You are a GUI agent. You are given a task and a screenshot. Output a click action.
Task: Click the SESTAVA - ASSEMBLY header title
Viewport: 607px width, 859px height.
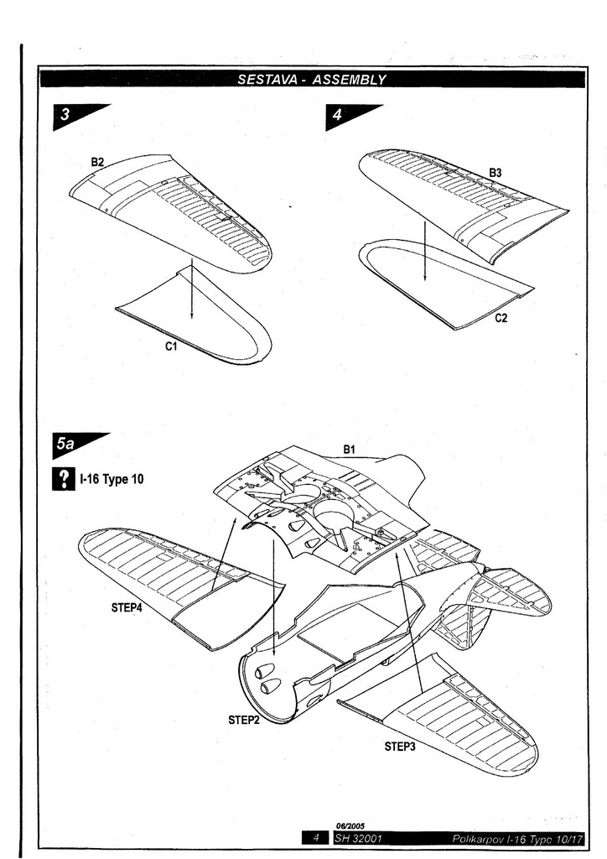pos(311,80)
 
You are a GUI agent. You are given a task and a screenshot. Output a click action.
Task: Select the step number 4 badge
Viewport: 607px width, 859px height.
pos(339,117)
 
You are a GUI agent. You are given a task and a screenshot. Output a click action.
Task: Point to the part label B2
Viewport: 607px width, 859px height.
pos(98,162)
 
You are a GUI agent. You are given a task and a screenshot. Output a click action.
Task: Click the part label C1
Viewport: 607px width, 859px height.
pos(171,346)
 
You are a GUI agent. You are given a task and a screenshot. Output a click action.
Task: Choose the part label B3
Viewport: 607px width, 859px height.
pos(495,173)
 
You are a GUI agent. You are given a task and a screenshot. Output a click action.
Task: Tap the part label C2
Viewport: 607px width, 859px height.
pos(501,319)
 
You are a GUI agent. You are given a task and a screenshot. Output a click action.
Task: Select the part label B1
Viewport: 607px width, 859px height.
pos(349,450)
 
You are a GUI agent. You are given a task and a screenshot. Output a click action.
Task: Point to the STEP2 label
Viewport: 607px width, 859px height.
pos(244,719)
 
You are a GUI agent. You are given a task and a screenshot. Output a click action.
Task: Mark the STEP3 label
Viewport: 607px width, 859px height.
pos(401,746)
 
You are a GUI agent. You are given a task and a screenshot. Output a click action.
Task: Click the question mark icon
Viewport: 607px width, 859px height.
pos(61,480)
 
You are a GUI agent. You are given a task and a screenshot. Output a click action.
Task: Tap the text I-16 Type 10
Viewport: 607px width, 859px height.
pos(112,481)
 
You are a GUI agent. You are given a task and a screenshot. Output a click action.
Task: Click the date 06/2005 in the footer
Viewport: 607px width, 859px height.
pos(350,825)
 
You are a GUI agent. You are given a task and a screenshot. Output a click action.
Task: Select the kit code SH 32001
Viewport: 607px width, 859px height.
pos(360,837)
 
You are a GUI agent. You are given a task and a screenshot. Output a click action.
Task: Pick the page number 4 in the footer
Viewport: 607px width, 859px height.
pos(316,837)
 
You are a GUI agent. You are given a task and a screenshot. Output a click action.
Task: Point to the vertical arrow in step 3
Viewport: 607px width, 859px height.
pos(192,289)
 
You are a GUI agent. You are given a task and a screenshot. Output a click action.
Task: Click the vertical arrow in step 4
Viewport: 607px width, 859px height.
pos(425,252)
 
